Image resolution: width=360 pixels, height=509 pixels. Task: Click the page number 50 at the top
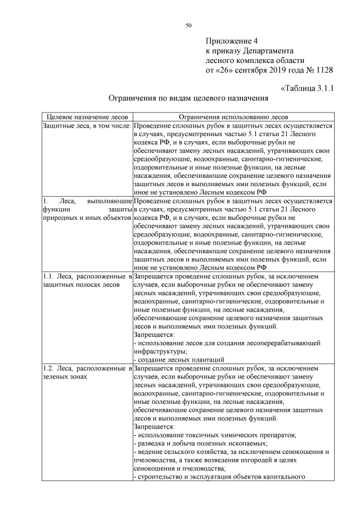pos(188,25)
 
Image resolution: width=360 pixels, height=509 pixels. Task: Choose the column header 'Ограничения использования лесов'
pos(233,116)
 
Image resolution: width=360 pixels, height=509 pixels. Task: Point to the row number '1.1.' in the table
pos(49,276)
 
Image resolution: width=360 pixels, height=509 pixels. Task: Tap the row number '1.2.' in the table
pos(49,368)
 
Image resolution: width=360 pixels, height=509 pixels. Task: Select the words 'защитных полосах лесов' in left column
pos(80,285)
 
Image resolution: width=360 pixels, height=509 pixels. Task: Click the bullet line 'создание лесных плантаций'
pos(180,359)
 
